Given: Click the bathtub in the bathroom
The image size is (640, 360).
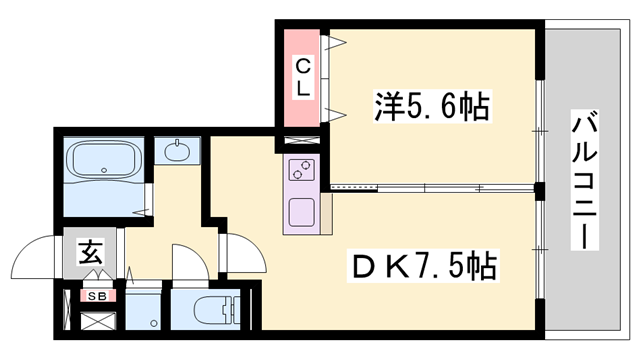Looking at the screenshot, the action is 104,160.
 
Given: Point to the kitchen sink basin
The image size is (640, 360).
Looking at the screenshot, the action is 301,212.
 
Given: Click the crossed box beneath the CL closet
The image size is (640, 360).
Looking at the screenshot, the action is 303,140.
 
